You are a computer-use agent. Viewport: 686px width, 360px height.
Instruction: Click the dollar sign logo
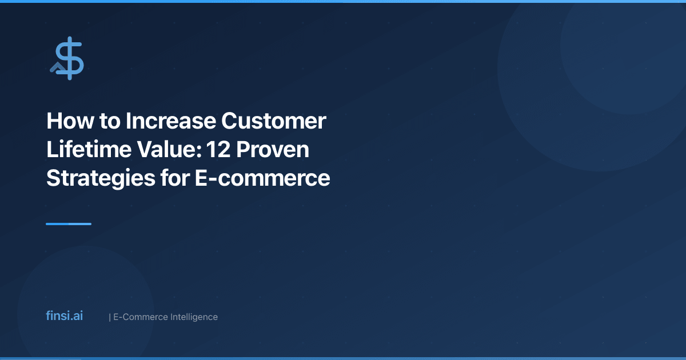point(70,58)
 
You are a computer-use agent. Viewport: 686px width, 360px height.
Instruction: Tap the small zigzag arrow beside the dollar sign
point(57,67)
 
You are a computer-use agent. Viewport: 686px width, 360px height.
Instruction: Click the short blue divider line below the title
point(69,224)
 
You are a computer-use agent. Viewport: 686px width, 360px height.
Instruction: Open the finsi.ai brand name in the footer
point(64,315)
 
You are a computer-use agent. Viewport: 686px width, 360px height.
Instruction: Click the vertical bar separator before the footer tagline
point(109,317)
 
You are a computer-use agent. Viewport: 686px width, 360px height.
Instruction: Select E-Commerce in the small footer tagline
point(141,317)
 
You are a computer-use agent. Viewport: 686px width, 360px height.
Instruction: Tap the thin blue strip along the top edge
point(343,1)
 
